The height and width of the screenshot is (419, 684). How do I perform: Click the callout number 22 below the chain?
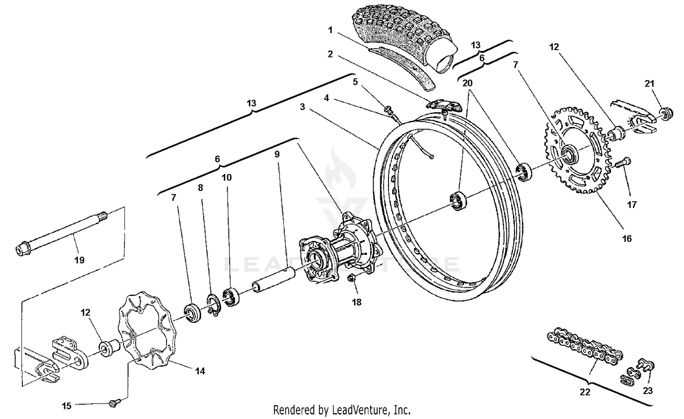tap(585, 392)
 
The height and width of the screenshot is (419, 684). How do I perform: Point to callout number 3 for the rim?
tap(302, 107)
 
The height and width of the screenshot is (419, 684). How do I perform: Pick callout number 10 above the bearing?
tap(227, 177)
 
